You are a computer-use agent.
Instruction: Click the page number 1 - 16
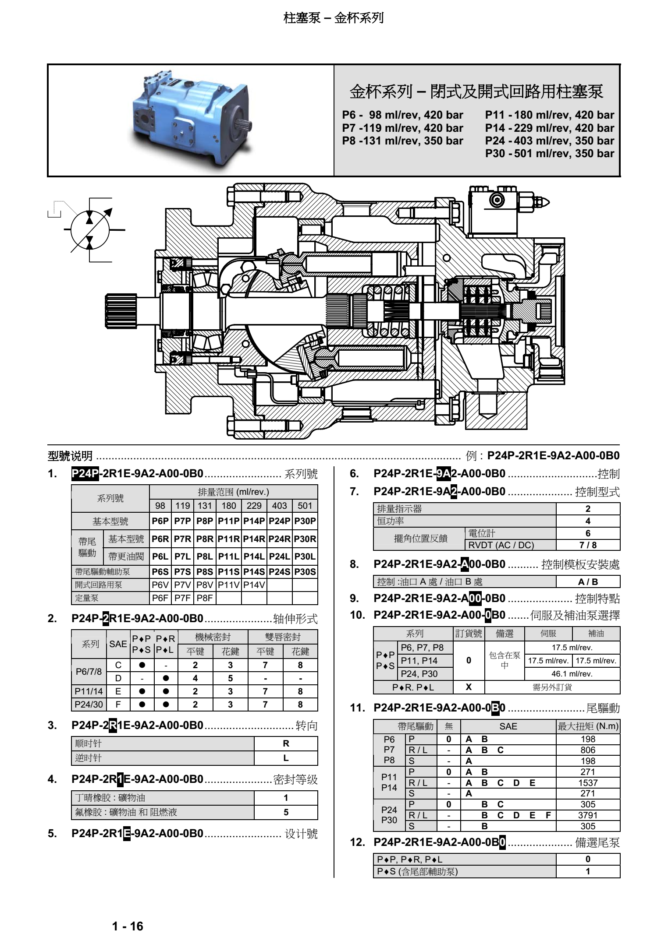click(x=128, y=926)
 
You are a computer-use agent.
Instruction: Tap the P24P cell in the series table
click(x=279, y=521)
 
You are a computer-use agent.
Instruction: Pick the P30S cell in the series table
click(x=305, y=572)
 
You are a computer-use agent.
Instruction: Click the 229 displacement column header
click(x=254, y=506)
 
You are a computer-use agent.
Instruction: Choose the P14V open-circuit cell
click(x=254, y=585)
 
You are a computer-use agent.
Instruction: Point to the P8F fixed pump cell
click(x=205, y=598)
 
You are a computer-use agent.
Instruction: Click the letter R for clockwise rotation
click(x=286, y=743)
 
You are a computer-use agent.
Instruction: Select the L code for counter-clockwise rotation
click(x=286, y=758)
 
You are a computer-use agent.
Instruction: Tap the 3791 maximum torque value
click(x=588, y=815)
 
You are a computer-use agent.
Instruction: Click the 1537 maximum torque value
click(x=588, y=783)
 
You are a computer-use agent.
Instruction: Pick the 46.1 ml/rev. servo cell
click(x=572, y=674)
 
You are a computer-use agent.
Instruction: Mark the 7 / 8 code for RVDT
click(x=588, y=545)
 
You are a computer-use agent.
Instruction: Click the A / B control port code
click(x=588, y=582)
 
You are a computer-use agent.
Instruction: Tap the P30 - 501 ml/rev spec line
click(x=549, y=154)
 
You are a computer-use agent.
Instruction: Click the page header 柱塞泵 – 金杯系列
click(x=334, y=18)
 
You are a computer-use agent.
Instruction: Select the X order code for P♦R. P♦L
click(x=469, y=687)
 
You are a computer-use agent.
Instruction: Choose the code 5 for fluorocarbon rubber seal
click(x=286, y=812)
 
